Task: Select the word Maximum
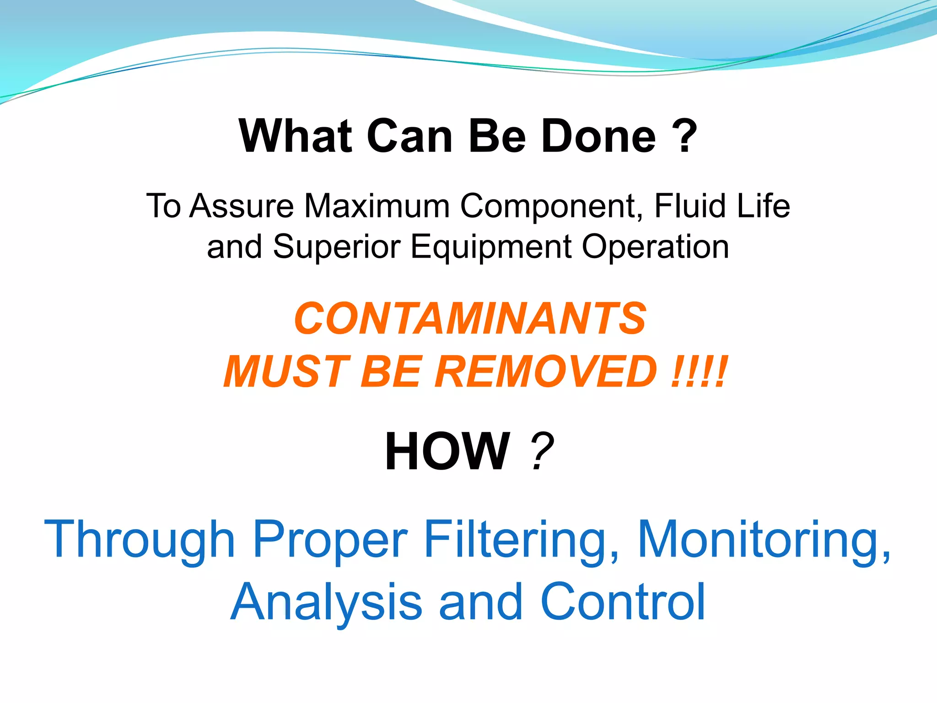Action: tap(377, 206)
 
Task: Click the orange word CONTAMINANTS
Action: tap(470, 319)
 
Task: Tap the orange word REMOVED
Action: tap(547, 372)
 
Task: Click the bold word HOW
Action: tap(447, 452)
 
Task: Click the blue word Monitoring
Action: tap(764, 540)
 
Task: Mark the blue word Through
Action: tap(140, 540)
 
